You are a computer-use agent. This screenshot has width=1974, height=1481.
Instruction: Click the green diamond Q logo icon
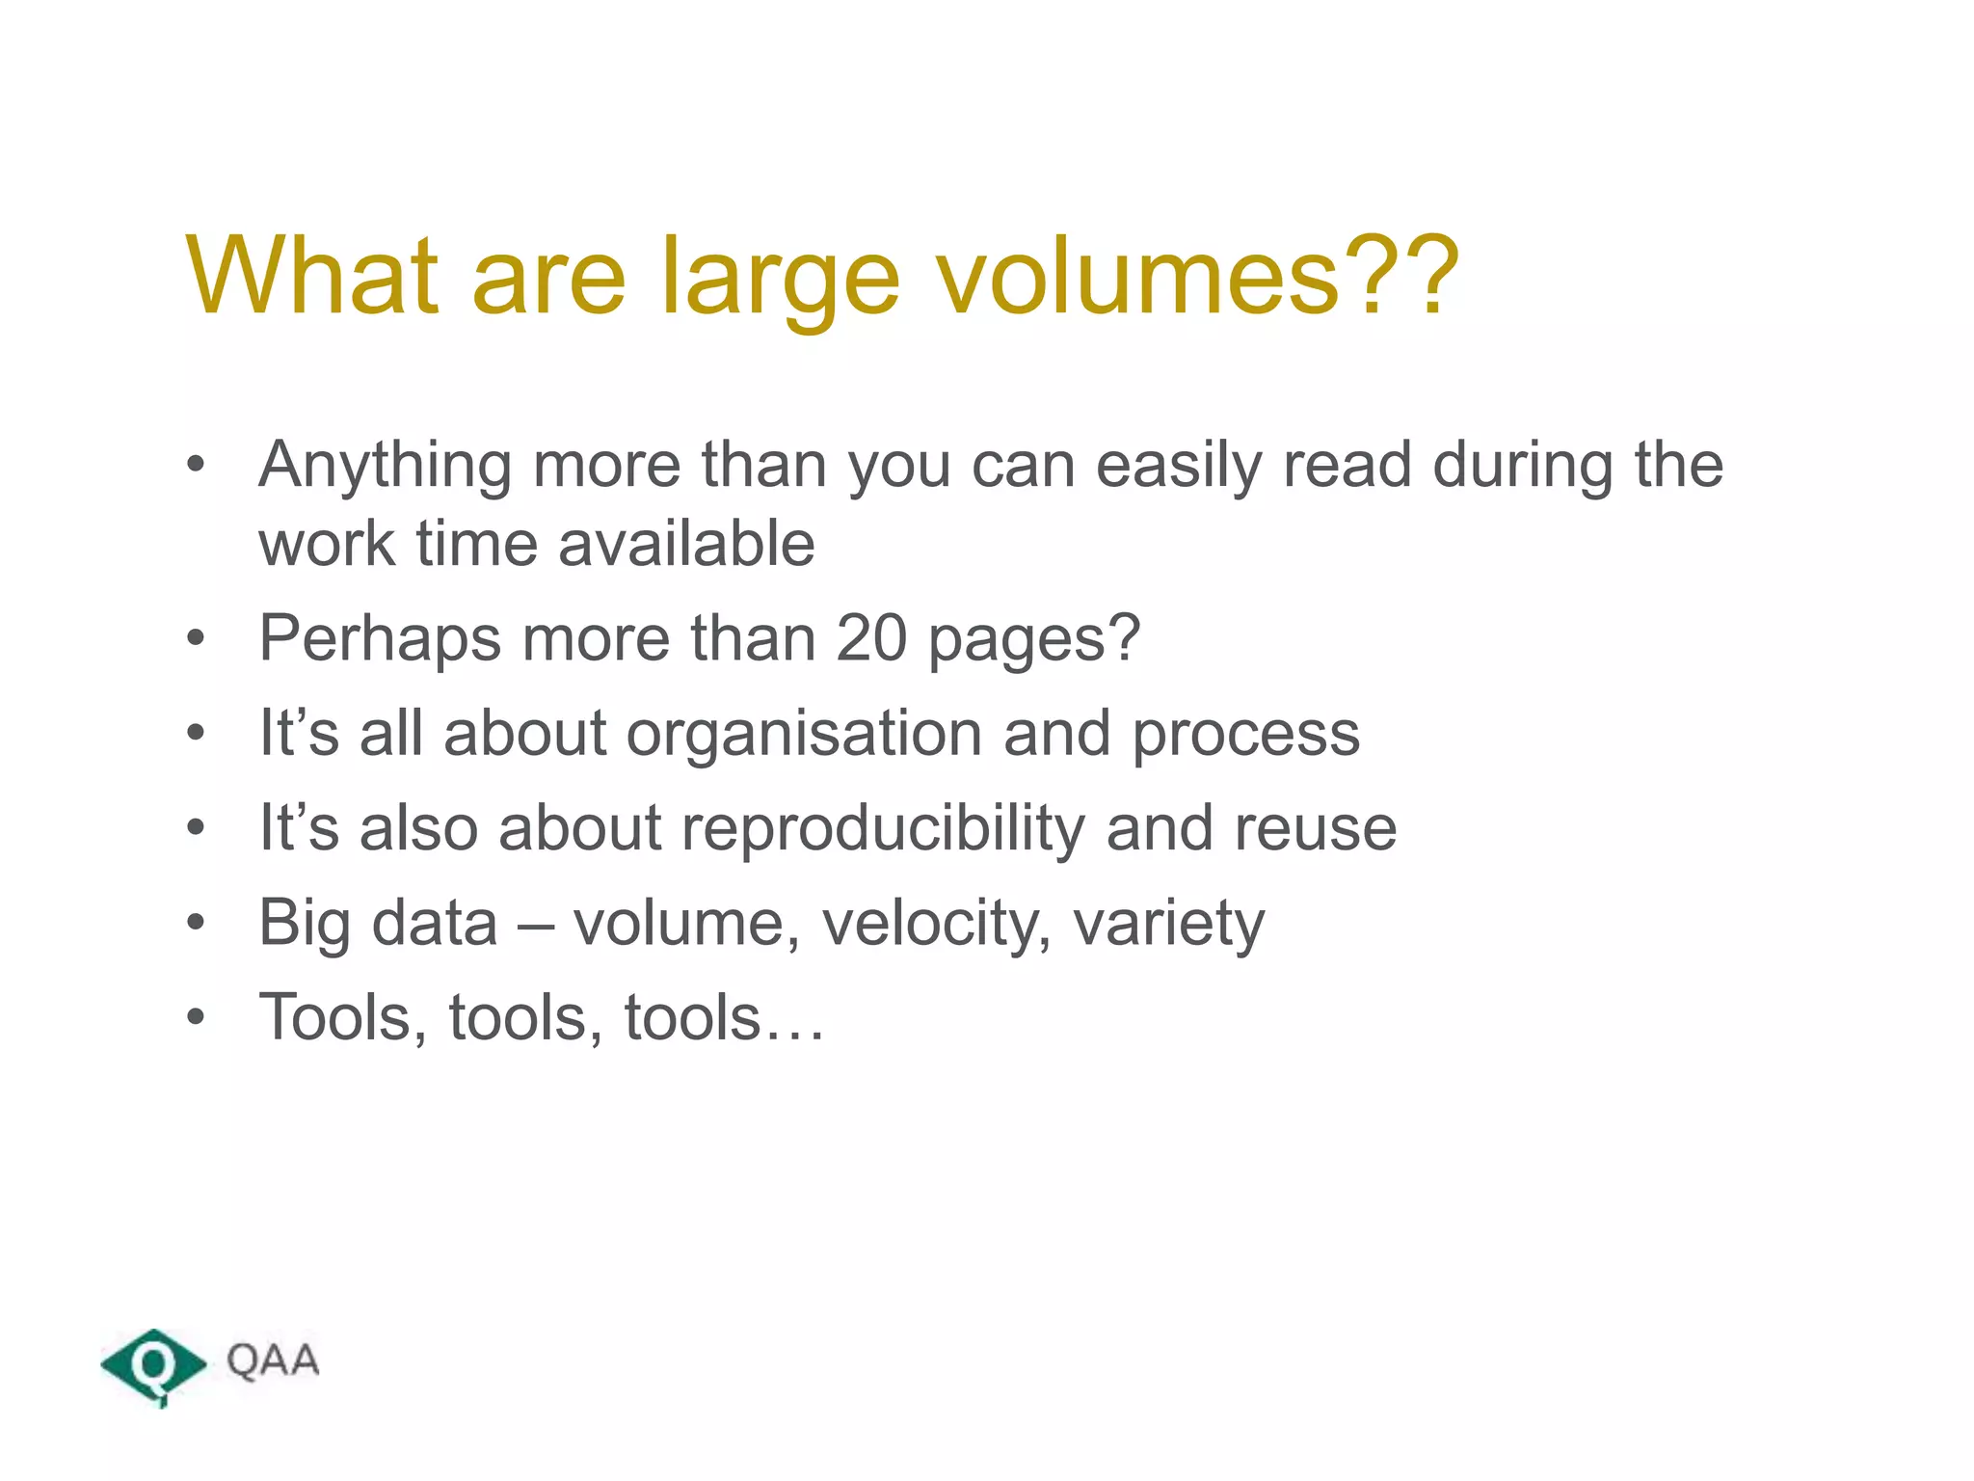153,1365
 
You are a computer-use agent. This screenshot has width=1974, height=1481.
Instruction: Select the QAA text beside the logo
273,1360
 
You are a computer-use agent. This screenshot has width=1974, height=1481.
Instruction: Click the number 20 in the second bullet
870,638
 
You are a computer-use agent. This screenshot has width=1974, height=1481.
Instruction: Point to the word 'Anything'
385,467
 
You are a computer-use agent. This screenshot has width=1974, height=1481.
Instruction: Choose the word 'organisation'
804,734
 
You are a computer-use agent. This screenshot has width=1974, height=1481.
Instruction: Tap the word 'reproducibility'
882,828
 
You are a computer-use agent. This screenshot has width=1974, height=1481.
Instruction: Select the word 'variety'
1168,924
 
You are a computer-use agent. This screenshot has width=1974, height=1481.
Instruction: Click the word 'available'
686,544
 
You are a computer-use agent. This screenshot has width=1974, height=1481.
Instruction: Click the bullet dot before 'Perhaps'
197,638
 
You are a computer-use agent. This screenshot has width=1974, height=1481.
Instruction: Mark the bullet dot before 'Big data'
197,923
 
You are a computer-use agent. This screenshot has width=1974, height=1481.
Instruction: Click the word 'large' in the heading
781,280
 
